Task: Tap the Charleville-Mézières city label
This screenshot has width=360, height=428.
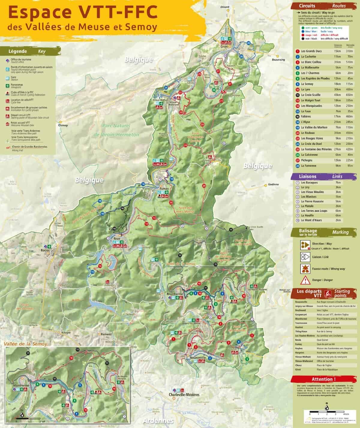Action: coord(184,394)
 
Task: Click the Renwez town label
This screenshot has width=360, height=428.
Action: coord(106,334)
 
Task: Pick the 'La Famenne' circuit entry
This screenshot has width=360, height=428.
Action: coord(308,165)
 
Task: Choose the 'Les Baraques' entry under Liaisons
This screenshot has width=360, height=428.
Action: coord(309,183)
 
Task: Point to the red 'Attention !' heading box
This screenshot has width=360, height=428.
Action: coord(322,379)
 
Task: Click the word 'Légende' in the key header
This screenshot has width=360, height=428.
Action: coord(18,51)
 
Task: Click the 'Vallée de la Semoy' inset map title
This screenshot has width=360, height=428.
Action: coord(25,344)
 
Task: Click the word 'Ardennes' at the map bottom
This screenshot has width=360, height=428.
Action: coord(158,421)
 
